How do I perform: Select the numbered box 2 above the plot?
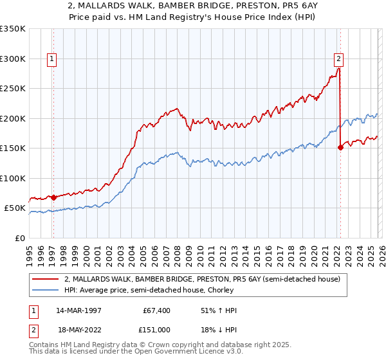[x=338, y=59]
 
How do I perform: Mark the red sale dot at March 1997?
[x=53, y=198]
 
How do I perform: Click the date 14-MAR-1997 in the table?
[x=78, y=310]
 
